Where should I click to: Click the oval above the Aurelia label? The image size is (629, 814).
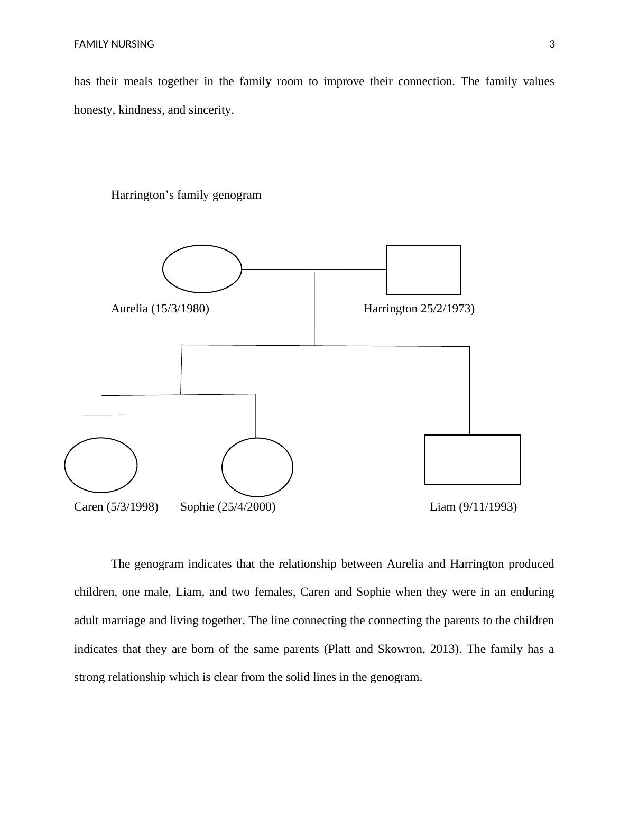[x=202, y=269]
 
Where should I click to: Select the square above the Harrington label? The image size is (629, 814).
[x=423, y=270]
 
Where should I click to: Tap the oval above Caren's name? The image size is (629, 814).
[x=101, y=465]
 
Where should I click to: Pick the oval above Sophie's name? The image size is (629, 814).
[x=257, y=467]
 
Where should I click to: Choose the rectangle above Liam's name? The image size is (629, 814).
[x=472, y=459]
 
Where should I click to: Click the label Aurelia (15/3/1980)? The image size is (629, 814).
[x=160, y=309]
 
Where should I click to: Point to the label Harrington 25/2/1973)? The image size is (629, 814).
[x=419, y=309]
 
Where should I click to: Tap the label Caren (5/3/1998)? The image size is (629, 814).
[x=116, y=507]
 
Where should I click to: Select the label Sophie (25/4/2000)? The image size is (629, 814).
[x=228, y=507]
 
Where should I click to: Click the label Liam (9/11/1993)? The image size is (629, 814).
[x=473, y=507]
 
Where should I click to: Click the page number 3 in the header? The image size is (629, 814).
[x=552, y=44]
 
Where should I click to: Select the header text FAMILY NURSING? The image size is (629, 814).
[x=114, y=44]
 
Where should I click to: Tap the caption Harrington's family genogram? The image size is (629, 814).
[x=186, y=195]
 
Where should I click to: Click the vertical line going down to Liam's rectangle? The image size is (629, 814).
[x=470, y=391]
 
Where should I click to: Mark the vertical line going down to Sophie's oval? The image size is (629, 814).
[x=255, y=416]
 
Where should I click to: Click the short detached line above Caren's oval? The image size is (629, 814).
[x=103, y=415]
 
